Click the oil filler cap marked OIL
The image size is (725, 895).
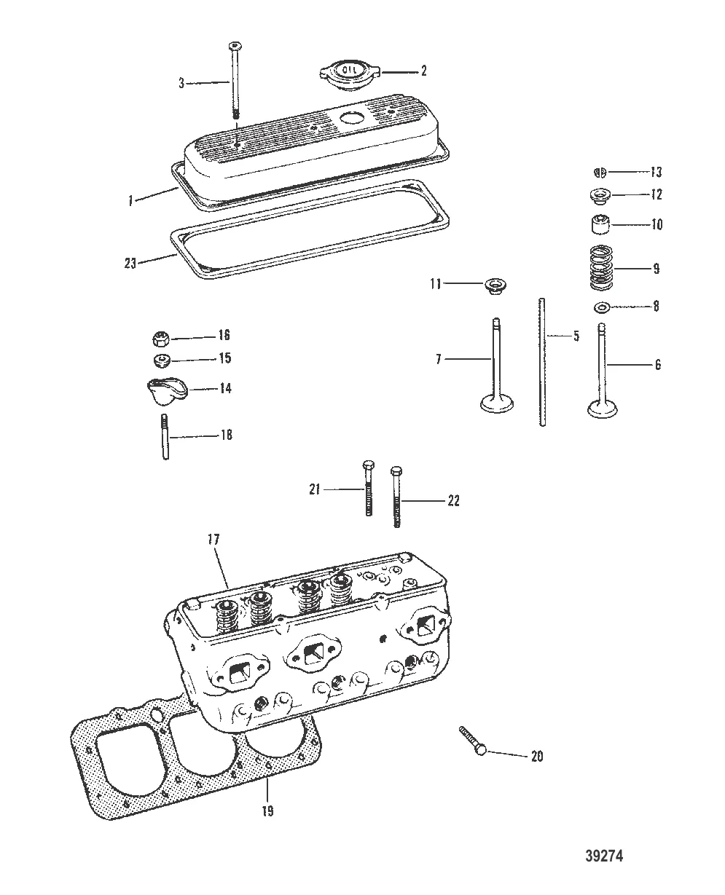[345, 75]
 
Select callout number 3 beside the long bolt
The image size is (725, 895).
[182, 83]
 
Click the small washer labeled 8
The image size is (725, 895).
[603, 307]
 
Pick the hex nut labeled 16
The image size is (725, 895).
[162, 337]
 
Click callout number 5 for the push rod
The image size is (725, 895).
[576, 336]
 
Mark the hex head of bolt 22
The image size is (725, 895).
[396, 470]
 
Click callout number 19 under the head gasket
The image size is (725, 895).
[267, 811]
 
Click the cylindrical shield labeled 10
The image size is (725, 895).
[600, 225]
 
